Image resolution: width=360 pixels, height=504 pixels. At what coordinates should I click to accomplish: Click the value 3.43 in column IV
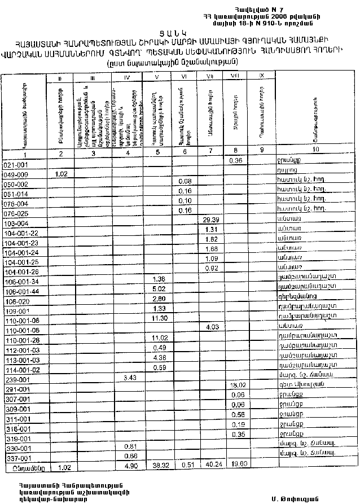tap(130, 376)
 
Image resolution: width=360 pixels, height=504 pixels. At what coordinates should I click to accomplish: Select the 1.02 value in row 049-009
tap(62, 174)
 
